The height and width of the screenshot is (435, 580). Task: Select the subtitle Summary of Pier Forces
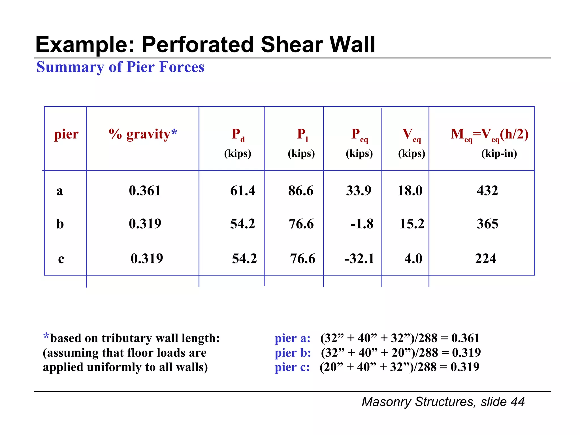120,67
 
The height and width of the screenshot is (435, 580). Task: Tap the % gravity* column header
143,134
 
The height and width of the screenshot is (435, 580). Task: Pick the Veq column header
411,135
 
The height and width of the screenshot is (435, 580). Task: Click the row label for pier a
60,191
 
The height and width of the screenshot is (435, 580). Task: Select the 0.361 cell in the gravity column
145,191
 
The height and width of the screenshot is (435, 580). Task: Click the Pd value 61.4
242,191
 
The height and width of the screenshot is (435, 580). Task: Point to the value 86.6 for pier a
301,191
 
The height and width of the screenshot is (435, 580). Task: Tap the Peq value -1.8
362,224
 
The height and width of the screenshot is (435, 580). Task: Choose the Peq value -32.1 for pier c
359,259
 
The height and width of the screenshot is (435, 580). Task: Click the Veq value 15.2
412,224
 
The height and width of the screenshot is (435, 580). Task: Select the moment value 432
487,191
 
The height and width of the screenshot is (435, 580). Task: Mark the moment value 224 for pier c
486,259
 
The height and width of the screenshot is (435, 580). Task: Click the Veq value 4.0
413,259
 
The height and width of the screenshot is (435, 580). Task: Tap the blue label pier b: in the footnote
293,353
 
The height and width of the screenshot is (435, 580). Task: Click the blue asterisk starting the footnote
46,337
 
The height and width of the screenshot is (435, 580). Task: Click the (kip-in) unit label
499,153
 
